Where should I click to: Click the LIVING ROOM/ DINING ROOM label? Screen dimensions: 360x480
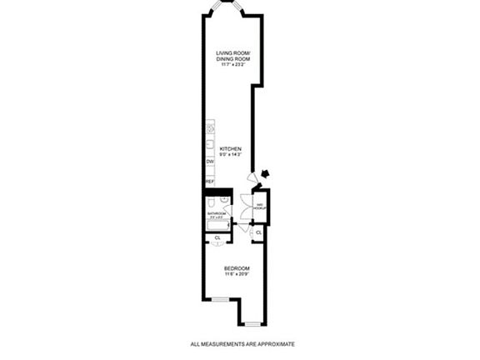(x=233, y=56)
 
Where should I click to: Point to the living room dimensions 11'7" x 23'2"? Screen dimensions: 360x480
(x=233, y=65)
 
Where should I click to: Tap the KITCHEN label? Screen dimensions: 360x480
(x=230, y=149)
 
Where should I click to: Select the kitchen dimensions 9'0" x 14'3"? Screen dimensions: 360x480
(x=230, y=155)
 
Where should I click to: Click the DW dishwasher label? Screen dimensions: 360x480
(x=210, y=161)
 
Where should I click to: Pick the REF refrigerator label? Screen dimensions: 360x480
(x=210, y=181)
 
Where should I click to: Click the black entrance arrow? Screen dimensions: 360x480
(x=265, y=173)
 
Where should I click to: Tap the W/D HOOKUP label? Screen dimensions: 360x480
(x=259, y=206)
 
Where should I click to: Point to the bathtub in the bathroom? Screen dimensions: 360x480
(x=217, y=224)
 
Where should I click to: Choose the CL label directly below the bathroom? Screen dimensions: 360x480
(x=217, y=237)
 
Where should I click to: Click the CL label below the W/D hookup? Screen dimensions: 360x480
(x=258, y=232)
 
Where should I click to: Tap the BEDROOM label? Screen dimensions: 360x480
(x=236, y=267)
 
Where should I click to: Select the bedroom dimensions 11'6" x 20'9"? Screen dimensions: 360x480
(x=236, y=274)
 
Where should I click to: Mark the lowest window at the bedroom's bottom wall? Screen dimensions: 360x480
(x=253, y=323)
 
